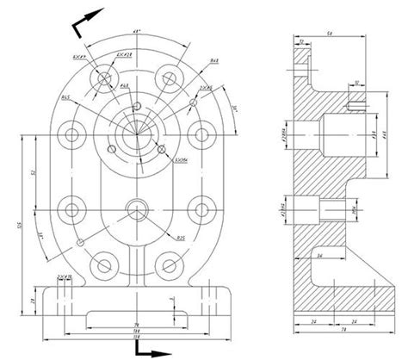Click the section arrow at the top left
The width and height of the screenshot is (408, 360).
pyautogui.click(x=86, y=21)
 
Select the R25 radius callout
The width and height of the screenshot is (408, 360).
pyautogui.click(x=182, y=237)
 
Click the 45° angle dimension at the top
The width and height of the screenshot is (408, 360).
pyautogui.click(x=136, y=33)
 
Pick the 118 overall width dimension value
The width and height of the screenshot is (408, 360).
pyautogui.click(x=135, y=335)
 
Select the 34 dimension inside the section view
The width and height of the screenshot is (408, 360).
pyautogui.click(x=318, y=256)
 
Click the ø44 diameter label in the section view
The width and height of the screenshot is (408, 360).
pyautogui.click(x=384, y=133)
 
